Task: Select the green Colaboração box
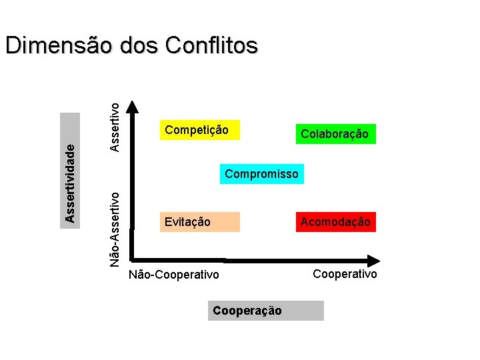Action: tap(334, 134)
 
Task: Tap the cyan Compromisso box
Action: tap(261, 174)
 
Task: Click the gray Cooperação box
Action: tap(265, 311)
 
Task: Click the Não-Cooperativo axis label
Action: tap(173, 274)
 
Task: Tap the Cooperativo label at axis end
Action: tap(345, 274)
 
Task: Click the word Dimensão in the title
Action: tap(59, 46)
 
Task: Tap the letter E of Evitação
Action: tap(167, 222)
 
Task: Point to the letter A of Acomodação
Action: tap(304, 222)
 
